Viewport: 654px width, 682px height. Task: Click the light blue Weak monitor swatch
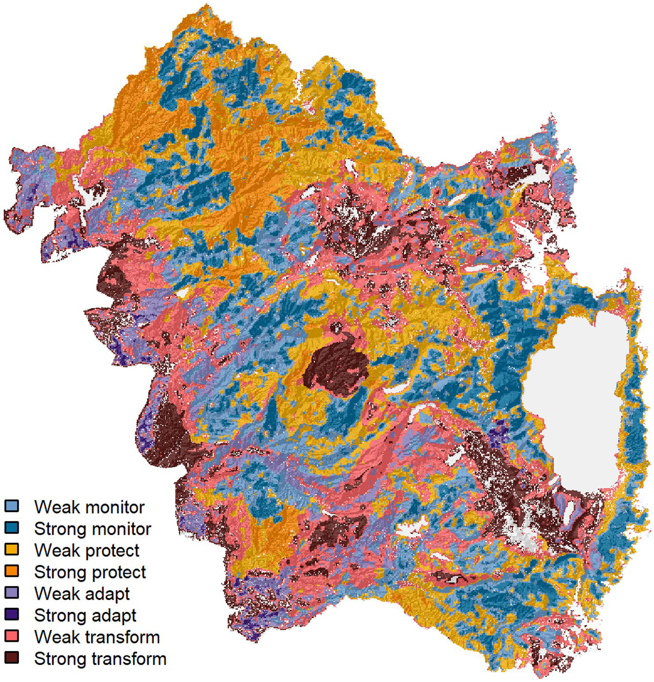(12, 506)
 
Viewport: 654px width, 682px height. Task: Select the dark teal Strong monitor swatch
(12, 527)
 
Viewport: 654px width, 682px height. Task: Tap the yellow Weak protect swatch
(12, 549)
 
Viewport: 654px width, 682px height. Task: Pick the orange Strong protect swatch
(12, 571)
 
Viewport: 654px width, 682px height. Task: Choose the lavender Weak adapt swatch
(12, 593)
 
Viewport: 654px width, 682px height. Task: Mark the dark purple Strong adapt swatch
(12, 614)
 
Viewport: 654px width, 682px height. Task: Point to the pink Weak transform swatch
(12, 636)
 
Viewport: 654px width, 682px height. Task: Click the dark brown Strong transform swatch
(12, 658)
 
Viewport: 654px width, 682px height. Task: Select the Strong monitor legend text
(93, 529)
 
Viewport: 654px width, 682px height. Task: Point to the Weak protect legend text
(87, 550)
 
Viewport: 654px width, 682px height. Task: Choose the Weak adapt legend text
(82, 594)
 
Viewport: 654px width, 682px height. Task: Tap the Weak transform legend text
(97, 637)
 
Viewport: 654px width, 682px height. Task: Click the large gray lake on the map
(576, 399)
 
